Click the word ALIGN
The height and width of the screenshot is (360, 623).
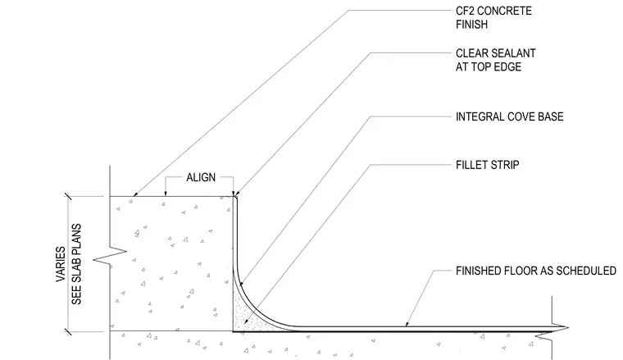[201, 177]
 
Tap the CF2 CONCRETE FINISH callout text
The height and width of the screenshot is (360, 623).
[493, 17]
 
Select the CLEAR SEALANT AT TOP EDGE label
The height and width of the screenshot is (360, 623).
[495, 60]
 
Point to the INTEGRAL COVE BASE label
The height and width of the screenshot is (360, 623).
[509, 116]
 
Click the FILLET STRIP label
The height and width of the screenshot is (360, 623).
[488, 165]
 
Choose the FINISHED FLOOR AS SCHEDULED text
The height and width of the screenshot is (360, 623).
[536, 271]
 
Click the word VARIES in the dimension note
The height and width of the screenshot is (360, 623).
[61, 264]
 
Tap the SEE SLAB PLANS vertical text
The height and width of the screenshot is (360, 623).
[76, 264]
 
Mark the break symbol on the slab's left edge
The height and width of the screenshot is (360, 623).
[110, 257]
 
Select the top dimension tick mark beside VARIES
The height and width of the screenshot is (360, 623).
[68, 196]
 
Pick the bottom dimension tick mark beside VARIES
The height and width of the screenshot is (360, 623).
[68, 331]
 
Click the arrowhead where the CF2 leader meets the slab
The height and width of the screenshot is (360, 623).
[134, 194]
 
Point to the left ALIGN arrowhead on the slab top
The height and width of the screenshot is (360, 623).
[166, 194]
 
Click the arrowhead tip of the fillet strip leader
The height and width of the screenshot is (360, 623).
[244, 323]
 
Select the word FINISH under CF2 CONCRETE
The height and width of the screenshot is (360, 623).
[471, 25]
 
